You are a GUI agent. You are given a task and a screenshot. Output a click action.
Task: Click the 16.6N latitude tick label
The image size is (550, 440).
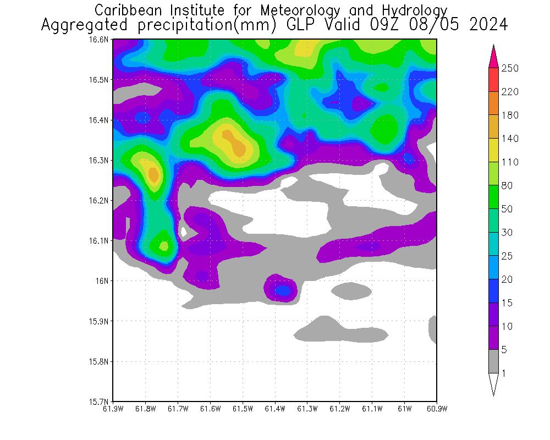pyautogui.click(x=101, y=40)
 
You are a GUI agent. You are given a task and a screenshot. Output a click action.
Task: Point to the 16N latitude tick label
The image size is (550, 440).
pyautogui.click(x=105, y=281)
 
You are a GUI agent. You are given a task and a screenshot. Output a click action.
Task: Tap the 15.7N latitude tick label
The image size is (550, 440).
pyautogui.click(x=101, y=402)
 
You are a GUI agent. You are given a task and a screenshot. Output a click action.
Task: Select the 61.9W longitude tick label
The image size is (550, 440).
pyautogui.click(x=113, y=409)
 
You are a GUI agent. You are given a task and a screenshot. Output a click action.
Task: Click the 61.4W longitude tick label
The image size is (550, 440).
pyautogui.click(x=275, y=409)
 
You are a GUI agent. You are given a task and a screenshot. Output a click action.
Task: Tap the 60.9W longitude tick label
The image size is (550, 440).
pyautogui.click(x=436, y=409)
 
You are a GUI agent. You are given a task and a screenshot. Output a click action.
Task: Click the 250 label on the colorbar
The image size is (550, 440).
pyautogui.click(x=510, y=68)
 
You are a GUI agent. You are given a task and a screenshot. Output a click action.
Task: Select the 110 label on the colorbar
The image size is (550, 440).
pyautogui.click(x=510, y=162)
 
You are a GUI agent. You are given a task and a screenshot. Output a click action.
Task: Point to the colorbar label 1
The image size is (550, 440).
pyautogui.click(x=504, y=373)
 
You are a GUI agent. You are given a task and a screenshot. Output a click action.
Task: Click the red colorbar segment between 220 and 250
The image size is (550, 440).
pyautogui.click(x=493, y=80)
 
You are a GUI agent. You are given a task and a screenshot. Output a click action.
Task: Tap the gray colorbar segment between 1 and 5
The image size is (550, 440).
pyautogui.click(x=493, y=361)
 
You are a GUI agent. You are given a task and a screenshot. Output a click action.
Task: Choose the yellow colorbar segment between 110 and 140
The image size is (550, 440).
pyautogui.click(x=493, y=150)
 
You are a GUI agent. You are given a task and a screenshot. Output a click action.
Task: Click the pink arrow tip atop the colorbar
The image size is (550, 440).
pyautogui.click(x=493, y=55)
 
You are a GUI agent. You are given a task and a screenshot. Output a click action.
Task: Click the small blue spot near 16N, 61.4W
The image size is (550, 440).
pyautogui.click(x=283, y=290)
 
